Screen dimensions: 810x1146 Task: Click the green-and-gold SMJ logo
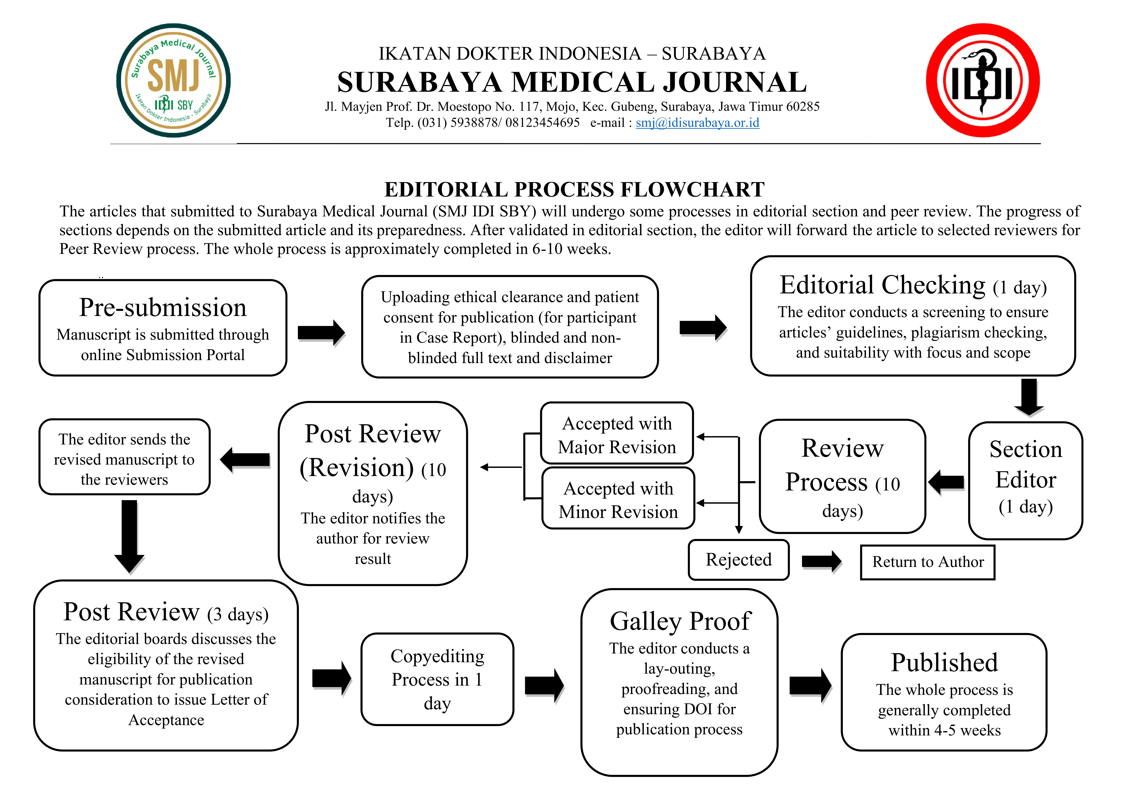pyautogui.click(x=173, y=80)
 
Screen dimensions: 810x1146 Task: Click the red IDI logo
pyautogui.click(x=982, y=80)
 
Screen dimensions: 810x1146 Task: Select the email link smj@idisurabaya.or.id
pyautogui.click(x=697, y=123)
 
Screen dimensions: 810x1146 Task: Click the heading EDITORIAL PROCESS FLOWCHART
pyautogui.click(x=574, y=190)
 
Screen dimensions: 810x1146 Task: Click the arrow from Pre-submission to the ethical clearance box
pyautogui.click(x=321, y=332)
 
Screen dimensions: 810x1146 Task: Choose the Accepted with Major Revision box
pyautogui.click(x=617, y=434)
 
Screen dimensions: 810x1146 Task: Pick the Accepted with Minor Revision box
pyautogui.click(x=618, y=499)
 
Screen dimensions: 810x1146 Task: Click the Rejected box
pyautogui.click(x=738, y=559)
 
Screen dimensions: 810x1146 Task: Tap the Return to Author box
pyautogui.click(x=927, y=562)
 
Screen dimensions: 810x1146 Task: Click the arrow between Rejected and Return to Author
pyautogui.click(x=821, y=562)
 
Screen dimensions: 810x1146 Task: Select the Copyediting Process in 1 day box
pyautogui.click(x=437, y=679)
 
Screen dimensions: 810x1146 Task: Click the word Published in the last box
pyautogui.click(x=944, y=663)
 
